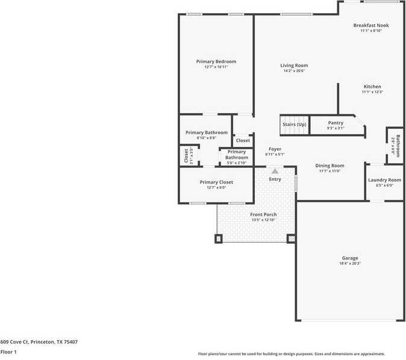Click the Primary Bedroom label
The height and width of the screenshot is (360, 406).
[216, 61]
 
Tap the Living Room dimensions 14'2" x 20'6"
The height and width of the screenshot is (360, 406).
[294, 71]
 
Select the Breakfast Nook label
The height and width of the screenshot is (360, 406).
[371, 25]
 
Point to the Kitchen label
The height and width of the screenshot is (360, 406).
[372, 87]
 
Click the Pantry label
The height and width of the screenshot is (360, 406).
[336, 123]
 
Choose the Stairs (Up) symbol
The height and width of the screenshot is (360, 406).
[295, 124]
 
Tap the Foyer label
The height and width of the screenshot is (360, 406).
[275, 149]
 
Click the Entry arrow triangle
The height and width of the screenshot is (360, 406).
[275, 171]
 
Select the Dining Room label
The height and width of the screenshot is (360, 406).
[330, 166]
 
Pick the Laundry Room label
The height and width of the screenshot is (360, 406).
[384, 180]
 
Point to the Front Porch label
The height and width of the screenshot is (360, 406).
[263, 214]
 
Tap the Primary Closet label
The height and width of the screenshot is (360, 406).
[216, 182]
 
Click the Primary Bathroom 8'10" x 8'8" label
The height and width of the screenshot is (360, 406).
[207, 132]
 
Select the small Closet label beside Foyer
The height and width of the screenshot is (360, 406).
[243, 140]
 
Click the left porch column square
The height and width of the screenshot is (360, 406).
[218, 238]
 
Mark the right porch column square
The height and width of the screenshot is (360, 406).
[292, 238]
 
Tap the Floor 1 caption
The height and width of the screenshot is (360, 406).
[8, 352]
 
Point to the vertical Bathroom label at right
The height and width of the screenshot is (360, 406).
[398, 145]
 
